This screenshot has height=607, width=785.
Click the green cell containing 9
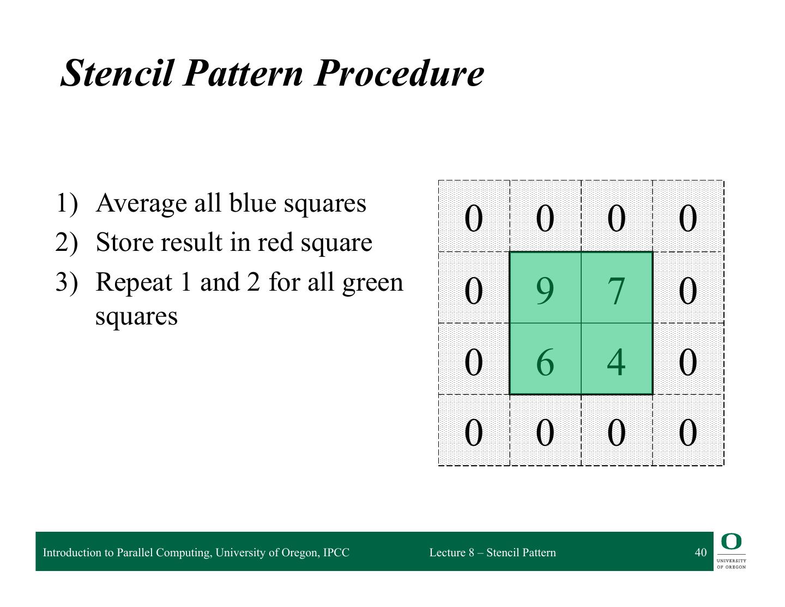point(545,287)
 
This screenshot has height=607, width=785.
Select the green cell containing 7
point(617,287)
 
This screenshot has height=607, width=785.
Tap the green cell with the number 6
point(545,358)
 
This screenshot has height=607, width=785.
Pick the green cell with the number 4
point(617,358)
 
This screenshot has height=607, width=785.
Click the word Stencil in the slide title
point(117,73)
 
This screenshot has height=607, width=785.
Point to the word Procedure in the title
point(399,73)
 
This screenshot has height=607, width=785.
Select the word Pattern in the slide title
point(243,73)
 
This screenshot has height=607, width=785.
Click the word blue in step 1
point(253,203)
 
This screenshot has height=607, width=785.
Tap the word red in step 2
point(275,242)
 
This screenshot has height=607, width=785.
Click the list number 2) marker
point(67,243)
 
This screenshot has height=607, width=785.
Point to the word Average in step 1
point(141,203)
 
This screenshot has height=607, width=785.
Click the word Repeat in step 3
point(134,282)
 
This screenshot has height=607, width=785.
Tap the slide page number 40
point(701,552)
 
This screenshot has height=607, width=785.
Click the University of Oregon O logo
point(731,542)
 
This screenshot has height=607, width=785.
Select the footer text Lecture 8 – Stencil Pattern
point(493,552)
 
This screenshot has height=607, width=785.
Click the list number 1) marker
point(67,203)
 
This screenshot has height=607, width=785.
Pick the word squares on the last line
point(136,317)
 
